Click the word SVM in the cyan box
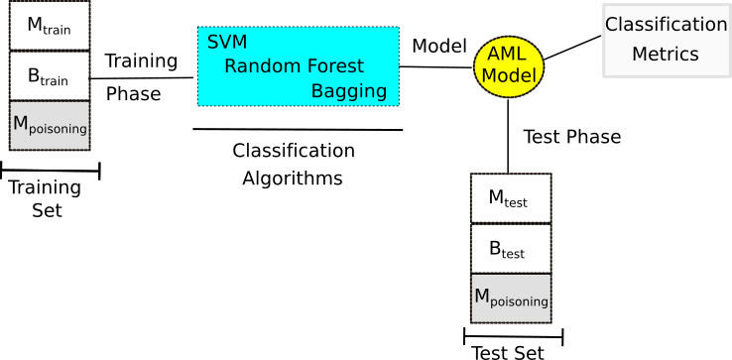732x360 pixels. [x=227, y=43]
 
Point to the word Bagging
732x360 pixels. [x=349, y=91]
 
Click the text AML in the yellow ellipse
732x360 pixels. [x=507, y=55]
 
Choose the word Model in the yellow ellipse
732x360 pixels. [x=509, y=75]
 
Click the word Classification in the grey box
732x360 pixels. [x=667, y=25]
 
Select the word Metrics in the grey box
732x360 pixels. [x=666, y=55]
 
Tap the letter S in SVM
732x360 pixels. [x=212, y=43]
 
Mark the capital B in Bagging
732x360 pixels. [x=317, y=91]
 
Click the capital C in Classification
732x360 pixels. [x=611, y=25]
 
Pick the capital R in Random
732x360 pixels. [x=230, y=66]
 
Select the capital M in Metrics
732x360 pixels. [x=639, y=55]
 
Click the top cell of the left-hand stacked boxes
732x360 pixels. [x=50, y=25]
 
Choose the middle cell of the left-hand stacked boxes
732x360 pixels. [x=50, y=75]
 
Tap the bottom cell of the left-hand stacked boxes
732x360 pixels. [x=50, y=126]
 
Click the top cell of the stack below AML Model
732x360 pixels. [x=511, y=198]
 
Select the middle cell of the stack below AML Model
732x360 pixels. [x=511, y=248]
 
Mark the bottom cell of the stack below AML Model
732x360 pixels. [x=511, y=298]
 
